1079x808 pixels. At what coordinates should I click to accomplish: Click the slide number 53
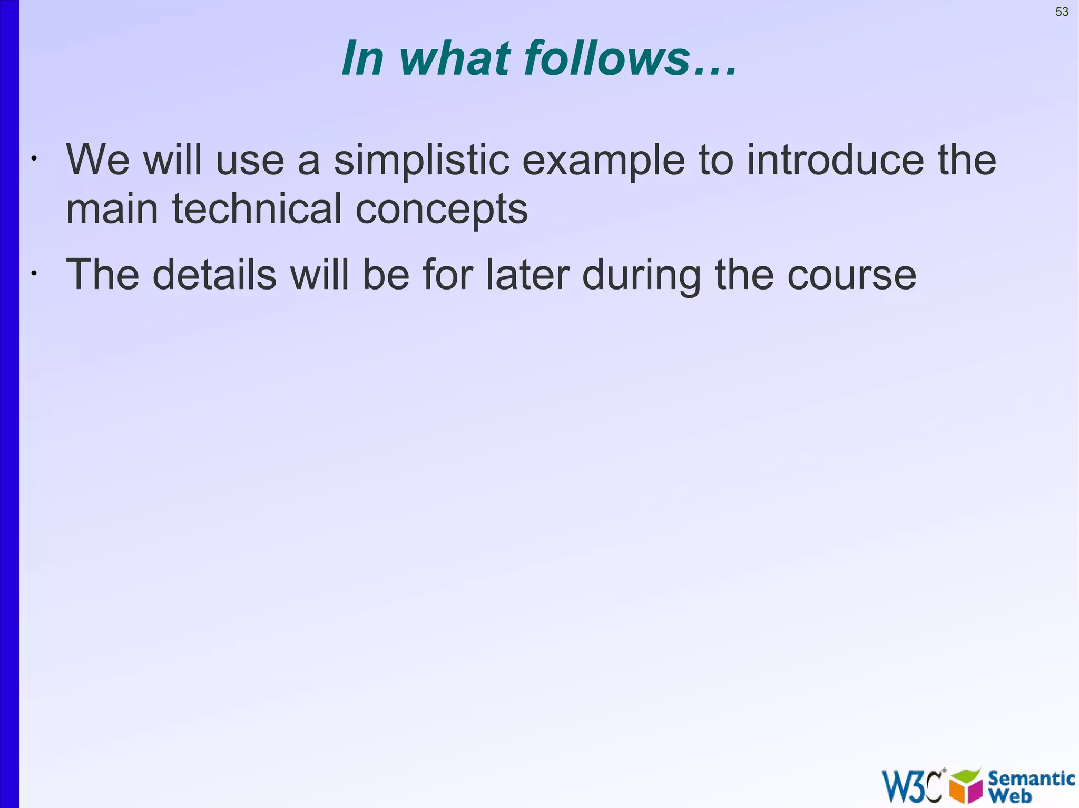(x=1062, y=12)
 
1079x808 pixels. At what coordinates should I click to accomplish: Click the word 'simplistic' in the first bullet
(x=421, y=160)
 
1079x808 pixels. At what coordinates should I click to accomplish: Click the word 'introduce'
(x=835, y=160)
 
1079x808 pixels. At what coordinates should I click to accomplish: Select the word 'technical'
(x=257, y=208)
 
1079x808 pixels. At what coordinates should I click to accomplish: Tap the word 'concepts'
(x=442, y=210)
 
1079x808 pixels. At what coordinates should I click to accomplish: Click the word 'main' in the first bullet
(x=112, y=208)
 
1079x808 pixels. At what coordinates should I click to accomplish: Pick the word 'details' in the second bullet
(x=214, y=274)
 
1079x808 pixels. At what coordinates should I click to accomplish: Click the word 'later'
(x=527, y=274)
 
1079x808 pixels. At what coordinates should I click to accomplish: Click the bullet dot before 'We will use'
(x=33, y=158)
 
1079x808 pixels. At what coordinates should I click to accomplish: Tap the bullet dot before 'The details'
(x=33, y=273)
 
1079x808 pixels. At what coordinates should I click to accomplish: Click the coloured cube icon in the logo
(x=966, y=786)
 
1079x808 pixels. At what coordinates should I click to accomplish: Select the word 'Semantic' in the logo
(x=1031, y=778)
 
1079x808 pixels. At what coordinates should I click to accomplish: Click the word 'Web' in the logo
(x=1010, y=796)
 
